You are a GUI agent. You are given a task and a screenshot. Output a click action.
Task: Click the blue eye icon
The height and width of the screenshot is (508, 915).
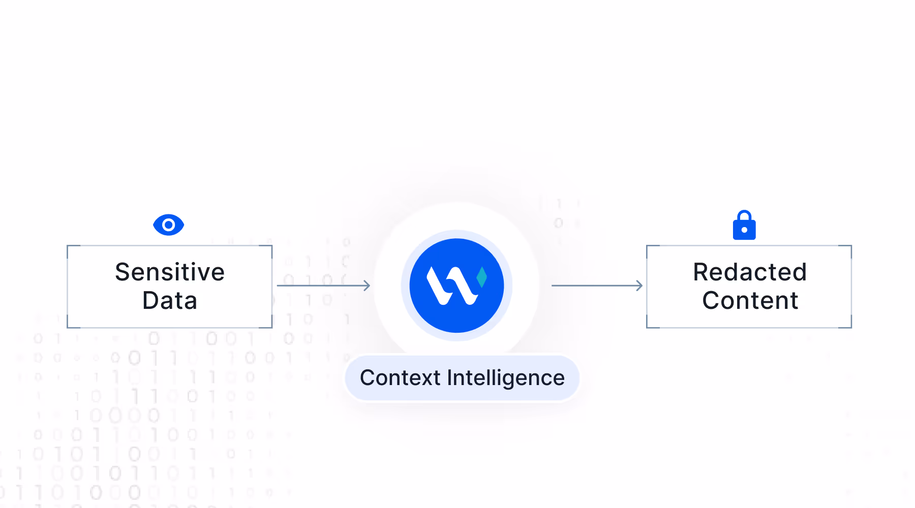pyautogui.click(x=168, y=225)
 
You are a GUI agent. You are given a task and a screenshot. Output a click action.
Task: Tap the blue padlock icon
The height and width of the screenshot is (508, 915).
pyautogui.click(x=744, y=226)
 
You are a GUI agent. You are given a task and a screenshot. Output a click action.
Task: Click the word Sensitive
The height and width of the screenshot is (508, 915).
pyautogui.click(x=170, y=272)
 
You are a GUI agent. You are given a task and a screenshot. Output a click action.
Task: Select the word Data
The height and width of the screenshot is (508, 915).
pyautogui.click(x=170, y=300)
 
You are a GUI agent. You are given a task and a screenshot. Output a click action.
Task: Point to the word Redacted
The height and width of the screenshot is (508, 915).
pyautogui.click(x=750, y=272)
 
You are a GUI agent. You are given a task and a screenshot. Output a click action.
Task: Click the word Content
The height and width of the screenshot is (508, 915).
pyautogui.click(x=750, y=300)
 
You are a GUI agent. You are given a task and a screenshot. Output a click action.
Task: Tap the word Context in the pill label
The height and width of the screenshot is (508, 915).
pyautogui.click(x=400, y=377)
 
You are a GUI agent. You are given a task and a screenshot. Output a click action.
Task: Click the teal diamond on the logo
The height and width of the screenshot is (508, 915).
pyautogui.click(x=482, y=277)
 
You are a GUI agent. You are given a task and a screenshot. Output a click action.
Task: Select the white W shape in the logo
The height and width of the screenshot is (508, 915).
pyautogui.click(x=450, y=285)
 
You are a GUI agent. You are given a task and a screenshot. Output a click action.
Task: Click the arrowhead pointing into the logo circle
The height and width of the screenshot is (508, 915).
pyautogui.click(x=367, y=285)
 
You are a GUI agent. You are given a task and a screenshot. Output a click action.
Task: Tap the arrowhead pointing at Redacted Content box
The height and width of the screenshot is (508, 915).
pyautogui.click(x=639, y=285)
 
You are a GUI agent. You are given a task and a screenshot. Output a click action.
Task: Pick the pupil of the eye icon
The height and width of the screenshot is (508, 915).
pyautogui.click(x=168, y=225)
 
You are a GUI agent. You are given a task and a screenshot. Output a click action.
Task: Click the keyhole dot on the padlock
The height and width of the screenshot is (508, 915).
pyautogui.click(x=744, y=230)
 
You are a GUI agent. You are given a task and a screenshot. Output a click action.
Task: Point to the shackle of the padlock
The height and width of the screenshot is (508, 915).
pyautogui.click(x=744, y=215)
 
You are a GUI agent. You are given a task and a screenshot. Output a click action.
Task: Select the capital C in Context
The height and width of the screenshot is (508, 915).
pyautogui.click(x=367, y=377)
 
